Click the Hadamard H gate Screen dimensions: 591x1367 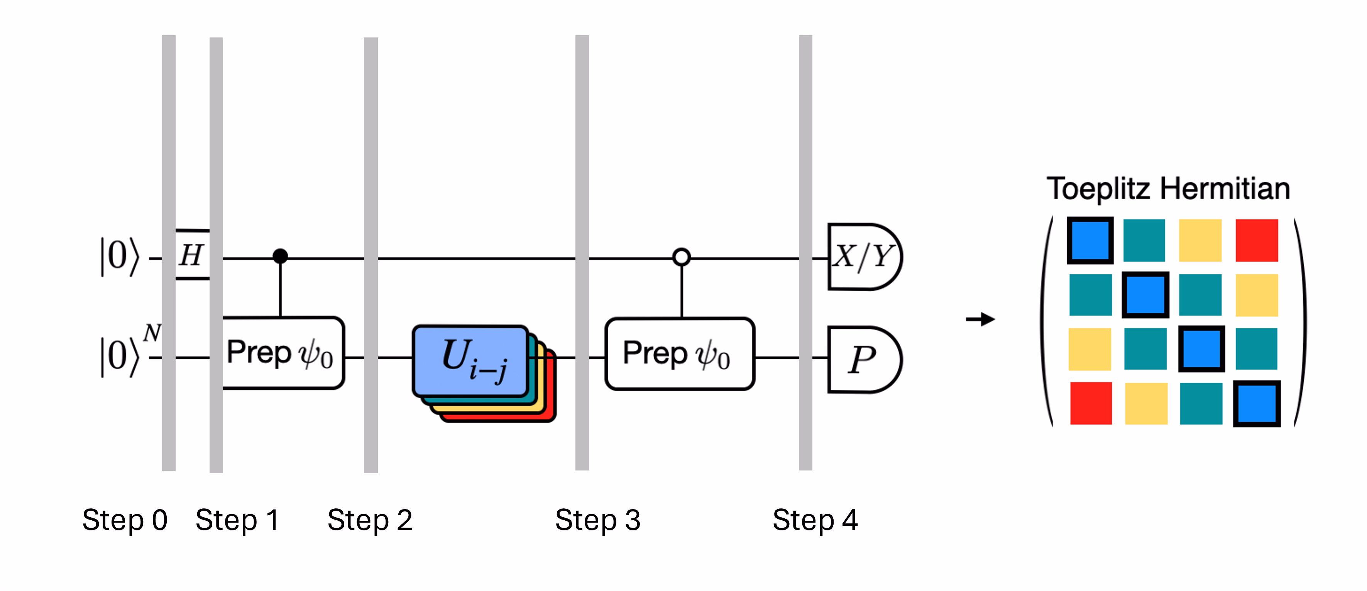[191, 255]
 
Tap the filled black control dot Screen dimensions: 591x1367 [280, 256]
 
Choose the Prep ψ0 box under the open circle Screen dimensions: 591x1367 [679, 354]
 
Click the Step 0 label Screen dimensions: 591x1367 [125, 520]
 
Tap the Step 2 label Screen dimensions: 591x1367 [370, 520]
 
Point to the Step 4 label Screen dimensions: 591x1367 [815, 520]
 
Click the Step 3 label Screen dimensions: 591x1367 [597, 520]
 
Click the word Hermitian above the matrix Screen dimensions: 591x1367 [1225, 189]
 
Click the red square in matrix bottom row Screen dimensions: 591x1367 [1091, 403]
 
